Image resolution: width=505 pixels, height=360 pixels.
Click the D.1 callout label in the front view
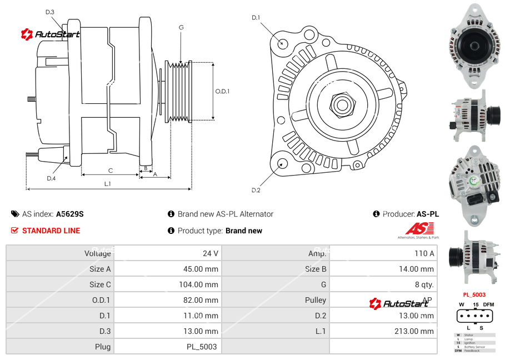[256, 18]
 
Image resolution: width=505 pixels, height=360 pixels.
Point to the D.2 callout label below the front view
[256, 191]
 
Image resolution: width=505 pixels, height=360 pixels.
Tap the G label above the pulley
[181, 27]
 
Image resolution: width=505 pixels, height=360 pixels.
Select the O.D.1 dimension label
[222, 91]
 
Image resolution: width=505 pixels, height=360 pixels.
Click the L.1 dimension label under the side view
[108, 184]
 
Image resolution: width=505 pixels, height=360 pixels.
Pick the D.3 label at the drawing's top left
[50, 12]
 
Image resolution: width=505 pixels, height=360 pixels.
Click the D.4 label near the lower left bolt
[51, 178]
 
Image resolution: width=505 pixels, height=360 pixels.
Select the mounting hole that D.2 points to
[282, 163]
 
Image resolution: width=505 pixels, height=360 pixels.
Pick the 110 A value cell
[424, 253]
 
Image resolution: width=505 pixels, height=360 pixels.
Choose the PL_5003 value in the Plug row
[202, 347]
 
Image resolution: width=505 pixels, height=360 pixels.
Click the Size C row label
[100, 284]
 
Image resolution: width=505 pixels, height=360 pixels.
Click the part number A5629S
[69, 214]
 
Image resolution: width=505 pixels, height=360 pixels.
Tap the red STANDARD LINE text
[51, 231]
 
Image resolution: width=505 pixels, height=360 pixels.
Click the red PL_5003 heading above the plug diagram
[474, 294]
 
